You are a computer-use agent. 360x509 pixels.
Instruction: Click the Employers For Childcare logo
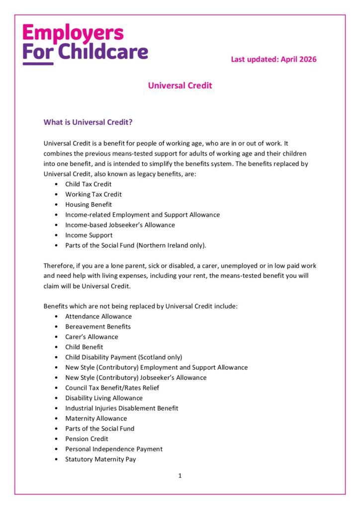pyautogui.click(x=85, y=44)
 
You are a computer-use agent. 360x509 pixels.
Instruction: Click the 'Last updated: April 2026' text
pyautogui.click(x=273, y=59)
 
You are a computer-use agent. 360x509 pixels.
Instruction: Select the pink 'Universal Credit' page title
pyautogui.click(x=180, y=85)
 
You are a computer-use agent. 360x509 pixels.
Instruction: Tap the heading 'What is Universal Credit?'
pyautogui.click(x=88, y=122)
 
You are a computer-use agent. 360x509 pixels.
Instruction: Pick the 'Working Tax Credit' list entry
pyautogui.click(x=93, y=194)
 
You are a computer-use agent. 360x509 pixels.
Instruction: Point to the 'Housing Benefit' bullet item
pyautogui.click(x=89, y=204)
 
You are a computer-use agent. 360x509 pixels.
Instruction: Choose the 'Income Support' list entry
pyautogui.click(x=89, y=235)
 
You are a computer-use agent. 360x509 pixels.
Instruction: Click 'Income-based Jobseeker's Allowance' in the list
pyautogui.click(x=120, y=225)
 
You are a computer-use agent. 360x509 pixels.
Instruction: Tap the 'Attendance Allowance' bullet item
pyautogui.click(x=98, y=316)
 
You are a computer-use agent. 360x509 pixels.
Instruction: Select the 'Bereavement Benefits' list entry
pyautogui.click(x=98, y=327)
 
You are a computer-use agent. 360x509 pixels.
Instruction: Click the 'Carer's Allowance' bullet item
pyautogui.click(x=91, y=337)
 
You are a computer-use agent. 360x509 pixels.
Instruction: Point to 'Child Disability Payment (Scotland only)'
pyautogui.click(x=124, y=357)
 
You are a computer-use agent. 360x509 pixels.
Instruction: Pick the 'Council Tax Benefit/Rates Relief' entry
pyautogui.click(x=112, y=388)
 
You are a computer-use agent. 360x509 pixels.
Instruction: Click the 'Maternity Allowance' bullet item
pyautogui.click(x=96, y=418)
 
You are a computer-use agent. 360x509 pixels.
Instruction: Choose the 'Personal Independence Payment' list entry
pyautogui.click(x=114, y=449)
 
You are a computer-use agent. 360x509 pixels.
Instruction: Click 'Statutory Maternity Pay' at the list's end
pyautogui.click(x=100, y=459)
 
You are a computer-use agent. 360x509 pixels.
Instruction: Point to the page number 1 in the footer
pyautogui.click(x=180, y=476)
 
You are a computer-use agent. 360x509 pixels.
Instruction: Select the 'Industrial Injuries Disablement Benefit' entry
pyautogui.click(x=121, y=408)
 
